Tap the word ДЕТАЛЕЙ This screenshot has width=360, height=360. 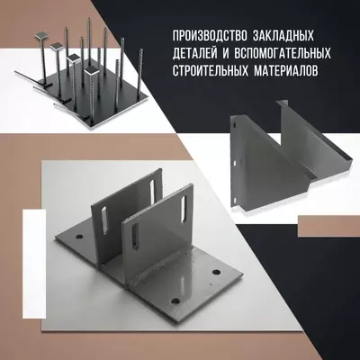(195, 53)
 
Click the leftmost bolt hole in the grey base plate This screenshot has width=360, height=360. (76, 238)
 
